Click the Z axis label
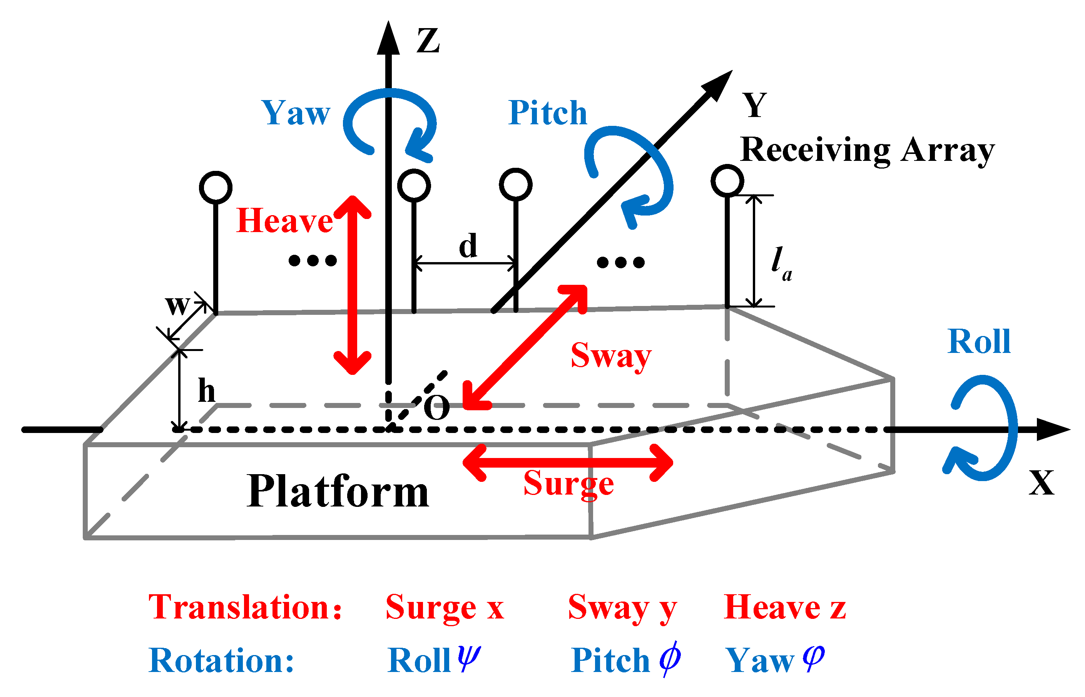pyautogui.click(x=428, y=41)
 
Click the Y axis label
pyautogui.click(x=754, y=105)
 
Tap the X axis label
pyautogui.click(x=1042, y=483)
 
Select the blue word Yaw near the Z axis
pyautogui.click(x=296, y=113)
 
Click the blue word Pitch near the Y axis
pyautogui.click(x=547, y=113)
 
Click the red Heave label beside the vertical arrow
pyautogui.click(x=284, y=221)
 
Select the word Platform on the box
pyautogui.click(x=338, y=492)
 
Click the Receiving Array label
pyautogui.click(x=867, y=150)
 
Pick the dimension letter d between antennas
pyautogui.click(x=468, y=246)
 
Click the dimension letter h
pyautogui.click(x=206, y=391)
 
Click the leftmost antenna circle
pyautogui.click(x=216, y=187)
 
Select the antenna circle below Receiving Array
pyautogui.click(x=727, y=181)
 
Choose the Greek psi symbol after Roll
pyautogui.click(x=469, y=659)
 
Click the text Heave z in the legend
pyautogui.click(x=784, y=607)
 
